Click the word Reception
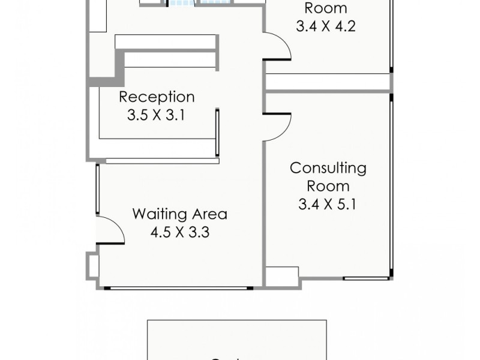(x=157, y=97)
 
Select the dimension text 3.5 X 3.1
(x=155, y=115)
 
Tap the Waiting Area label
(x=179, y=214)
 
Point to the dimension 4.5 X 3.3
(x=179, y=232)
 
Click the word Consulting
(x=328, y=168)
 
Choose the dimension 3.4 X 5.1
(x=328, y=205)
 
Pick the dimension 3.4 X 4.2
(x=326, y=26)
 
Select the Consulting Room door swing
(x=277, y=126)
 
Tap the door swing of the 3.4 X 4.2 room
(x=277, y=47)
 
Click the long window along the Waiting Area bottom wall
(x=179, y=289)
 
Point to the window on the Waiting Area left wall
(x=97, y=188)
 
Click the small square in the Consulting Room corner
(x=282, y=277)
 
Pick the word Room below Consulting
(x=328, y=186)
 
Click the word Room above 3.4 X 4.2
(x=326, y=8)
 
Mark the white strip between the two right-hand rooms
(x=328, y=82)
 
